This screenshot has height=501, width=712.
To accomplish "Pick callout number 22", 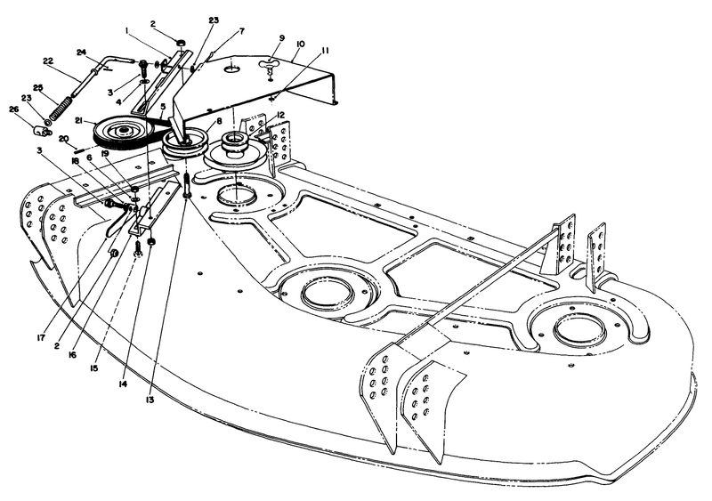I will [48, 62].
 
